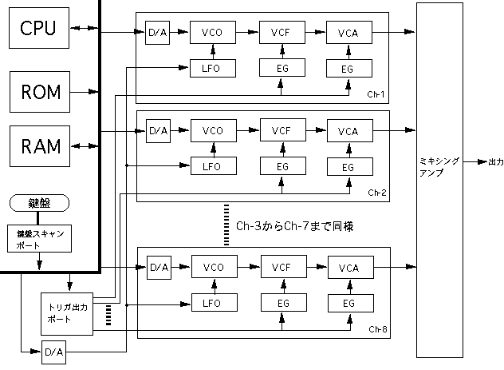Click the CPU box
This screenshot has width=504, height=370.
(x=37, y=28)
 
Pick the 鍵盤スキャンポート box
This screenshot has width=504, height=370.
(x=39, y=241)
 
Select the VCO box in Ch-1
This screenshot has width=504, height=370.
(x=213, y=33)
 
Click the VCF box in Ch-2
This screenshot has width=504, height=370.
(x=282, y=131)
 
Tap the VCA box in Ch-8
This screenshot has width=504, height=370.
(x=348, y=267)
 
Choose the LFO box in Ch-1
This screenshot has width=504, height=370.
(x=213, y=68)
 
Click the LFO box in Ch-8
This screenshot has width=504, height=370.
(x=213, y=303)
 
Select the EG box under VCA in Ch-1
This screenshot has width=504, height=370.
(x=347, y=69)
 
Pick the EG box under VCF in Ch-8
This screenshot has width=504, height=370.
(x=281, y=303)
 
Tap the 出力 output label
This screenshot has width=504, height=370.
(x=495, y=162)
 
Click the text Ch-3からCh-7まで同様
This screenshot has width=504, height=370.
(x=294, y=227)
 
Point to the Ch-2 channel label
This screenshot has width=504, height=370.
(x=376, y=193)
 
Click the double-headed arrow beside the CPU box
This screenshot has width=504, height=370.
(x=81, y=29)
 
